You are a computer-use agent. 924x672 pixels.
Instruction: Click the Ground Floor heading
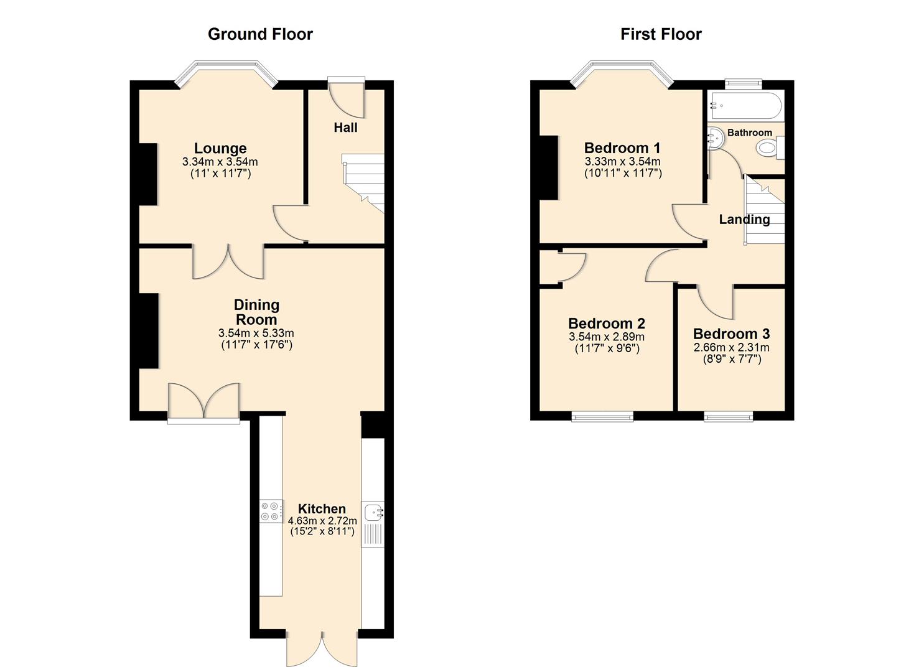pyautogui.click(x=260, y=34)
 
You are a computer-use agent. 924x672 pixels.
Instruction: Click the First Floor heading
pyautogui.click(x=661, y=34)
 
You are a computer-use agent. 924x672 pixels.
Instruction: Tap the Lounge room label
pyautogui.click(x=220, y=148)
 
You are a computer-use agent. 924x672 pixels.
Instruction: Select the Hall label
pyautogui.click(x=345, y=128)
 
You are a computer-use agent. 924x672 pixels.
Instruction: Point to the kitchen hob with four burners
pyautogui.click(x=270, y=511)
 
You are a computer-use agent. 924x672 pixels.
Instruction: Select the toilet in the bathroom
pyautogui.click(x=769, y=149)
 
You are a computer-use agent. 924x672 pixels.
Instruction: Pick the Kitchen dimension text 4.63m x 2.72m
pyautogui.click(x=322, y=521)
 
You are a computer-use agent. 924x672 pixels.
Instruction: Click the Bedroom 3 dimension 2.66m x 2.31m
pyautogui.click(x=731, y=348)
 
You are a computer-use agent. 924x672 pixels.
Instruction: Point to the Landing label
pyautogui.click(x=744, y=220)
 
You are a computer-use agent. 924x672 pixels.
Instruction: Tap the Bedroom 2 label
pyautogui.click(x=607, y=324)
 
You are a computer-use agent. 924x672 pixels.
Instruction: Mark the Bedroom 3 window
pyautogui.click(x=729, y=416)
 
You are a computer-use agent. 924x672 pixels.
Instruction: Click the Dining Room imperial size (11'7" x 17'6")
pyautogui.click(x=256, y=345)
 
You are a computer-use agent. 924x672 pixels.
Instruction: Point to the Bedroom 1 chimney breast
pyautogui.click(x=548, y=167)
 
